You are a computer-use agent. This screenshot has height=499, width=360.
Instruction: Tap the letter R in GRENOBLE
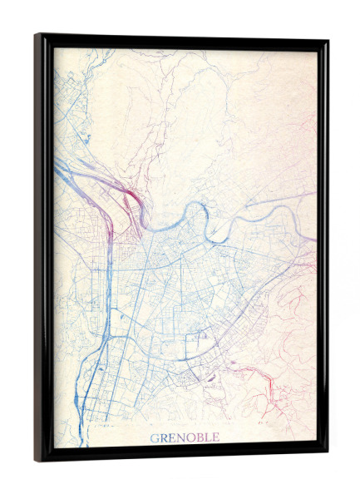[x=165, y=437]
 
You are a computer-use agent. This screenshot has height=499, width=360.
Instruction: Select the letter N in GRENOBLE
[x=182, y=437]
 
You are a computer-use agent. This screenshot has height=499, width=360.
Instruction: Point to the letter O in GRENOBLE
[x=191, y=437]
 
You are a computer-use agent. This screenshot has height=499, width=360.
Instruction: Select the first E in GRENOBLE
[x=173, y=437]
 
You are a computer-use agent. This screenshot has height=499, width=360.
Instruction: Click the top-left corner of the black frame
[x=37, y=35]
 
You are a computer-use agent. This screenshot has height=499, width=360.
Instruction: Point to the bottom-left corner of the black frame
[x=37, y=460]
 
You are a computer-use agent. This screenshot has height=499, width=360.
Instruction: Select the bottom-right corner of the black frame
[x=327, y=454]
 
